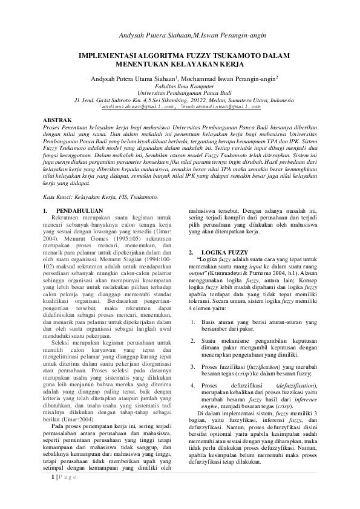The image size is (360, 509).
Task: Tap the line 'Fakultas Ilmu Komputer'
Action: click(180, 86)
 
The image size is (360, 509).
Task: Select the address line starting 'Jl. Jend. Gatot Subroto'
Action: click(180, 100)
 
